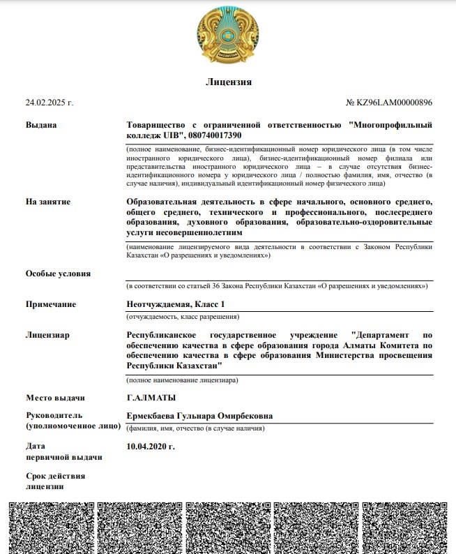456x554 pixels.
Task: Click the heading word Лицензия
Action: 228,82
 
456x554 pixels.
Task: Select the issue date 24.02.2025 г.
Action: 50,103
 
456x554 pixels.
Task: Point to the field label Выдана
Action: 41,125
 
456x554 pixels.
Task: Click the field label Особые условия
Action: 58,274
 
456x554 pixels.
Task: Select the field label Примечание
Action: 51,304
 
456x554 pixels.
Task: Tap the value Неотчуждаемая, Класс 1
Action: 176,304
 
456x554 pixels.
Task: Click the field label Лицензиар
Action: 47,335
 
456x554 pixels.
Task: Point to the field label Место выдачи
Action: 55,398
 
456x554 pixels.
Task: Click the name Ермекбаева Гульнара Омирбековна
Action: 199,417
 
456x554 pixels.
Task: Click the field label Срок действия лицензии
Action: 55,481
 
